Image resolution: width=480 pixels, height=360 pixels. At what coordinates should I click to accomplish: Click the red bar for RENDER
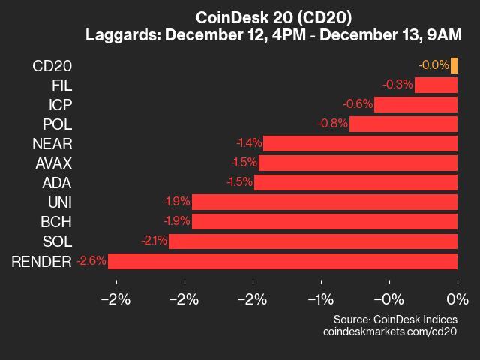(x=283, y=261)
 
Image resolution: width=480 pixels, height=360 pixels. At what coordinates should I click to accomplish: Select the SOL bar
(x=313, y=241)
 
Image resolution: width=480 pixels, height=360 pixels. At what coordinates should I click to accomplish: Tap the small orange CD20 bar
(x=454, y=66)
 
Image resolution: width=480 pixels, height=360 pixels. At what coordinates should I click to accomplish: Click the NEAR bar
(x=360, y=144)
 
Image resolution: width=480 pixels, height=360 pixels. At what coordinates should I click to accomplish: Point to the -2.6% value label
(x=91, y=261)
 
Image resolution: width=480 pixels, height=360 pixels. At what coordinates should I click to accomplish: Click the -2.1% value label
(x=153, y=241)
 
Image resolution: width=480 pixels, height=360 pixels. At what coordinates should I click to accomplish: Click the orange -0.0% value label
(x=433, y=66)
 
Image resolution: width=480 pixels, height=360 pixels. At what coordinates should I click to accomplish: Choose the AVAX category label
(x=52, y=163)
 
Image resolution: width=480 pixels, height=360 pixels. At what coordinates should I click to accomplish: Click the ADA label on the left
(x=58, y=183)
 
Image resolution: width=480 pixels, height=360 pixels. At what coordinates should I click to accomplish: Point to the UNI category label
(x=59, y=202)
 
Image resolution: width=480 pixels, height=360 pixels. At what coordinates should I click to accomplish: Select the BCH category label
(x=57, y=222)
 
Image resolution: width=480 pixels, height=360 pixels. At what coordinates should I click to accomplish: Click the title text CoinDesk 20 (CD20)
(x=273, y=16)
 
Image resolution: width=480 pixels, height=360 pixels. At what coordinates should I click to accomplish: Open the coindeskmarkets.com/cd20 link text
(x=389, y=331)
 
